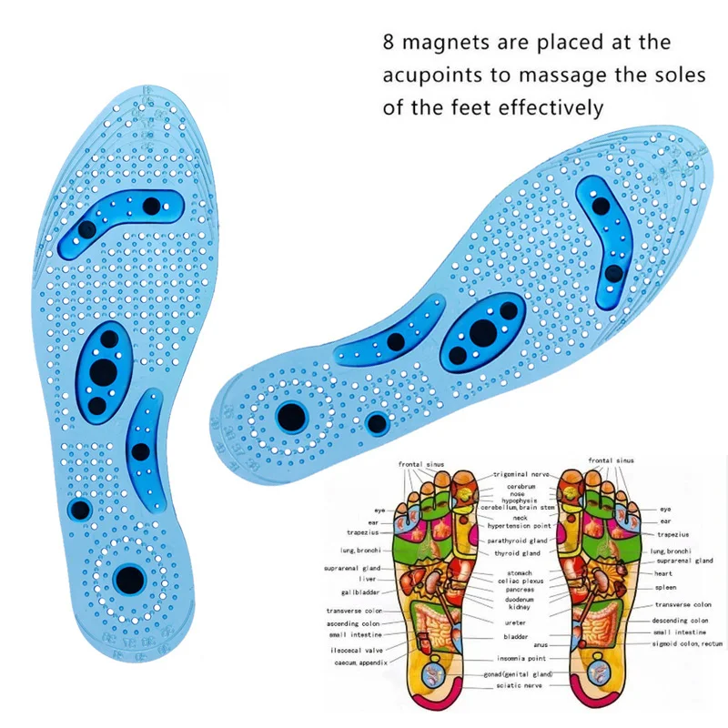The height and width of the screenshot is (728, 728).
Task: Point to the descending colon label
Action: [x=681, y=621]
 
